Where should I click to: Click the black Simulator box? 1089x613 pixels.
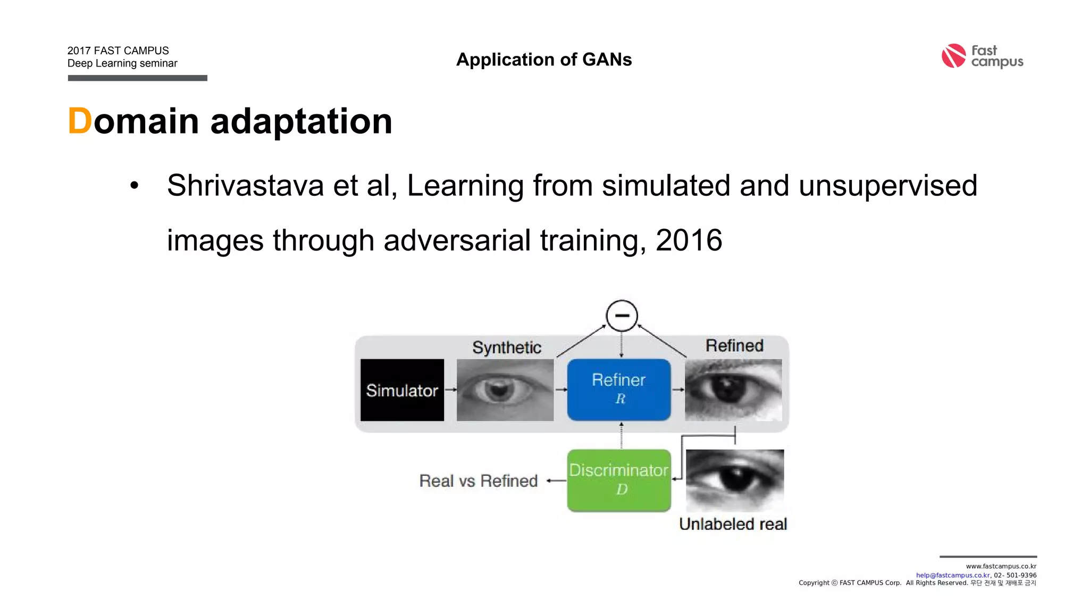click(x=402, y=390)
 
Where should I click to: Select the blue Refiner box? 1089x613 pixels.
click(x=619, y=390)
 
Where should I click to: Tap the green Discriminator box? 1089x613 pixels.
click(x=619, y=480)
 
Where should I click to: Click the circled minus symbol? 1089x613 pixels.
click(x=622, y=316)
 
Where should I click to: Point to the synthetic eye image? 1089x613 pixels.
click(x=505, y=390)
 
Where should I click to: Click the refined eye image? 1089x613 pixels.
click(x=733, y=390)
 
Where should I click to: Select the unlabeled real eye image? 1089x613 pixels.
click(x=735, y=480)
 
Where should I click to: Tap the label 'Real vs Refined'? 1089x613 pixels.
click(x=479, y=481)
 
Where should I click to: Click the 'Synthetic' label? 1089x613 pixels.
click(x=507, y=347)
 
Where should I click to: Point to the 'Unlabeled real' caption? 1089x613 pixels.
click(x=733, y=524)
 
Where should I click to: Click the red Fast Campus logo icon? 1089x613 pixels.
click(x=953, y=56)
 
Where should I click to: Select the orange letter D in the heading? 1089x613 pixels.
click(x=80, y=121)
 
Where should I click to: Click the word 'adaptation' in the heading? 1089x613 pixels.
click(x=301, y=121)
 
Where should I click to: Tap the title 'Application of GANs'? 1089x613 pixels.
click(x=544, y=60)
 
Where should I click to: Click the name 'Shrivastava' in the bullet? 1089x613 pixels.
click(x=245, y=186)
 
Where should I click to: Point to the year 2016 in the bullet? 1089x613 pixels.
click(x=689, y=240)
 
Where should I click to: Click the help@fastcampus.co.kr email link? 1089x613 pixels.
click(x=953, y=575)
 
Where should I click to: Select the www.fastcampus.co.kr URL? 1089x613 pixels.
click(x=1001, y=566)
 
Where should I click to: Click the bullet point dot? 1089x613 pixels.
click(x=135, y=186)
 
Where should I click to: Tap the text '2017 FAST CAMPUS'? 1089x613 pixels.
click(x=118, y=51)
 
